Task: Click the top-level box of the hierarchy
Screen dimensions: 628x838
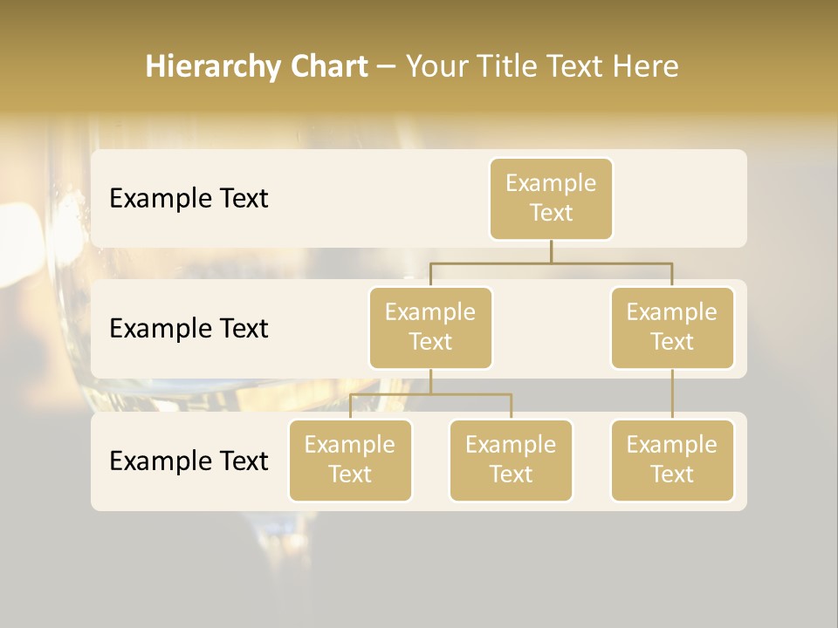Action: [x=551, y=199]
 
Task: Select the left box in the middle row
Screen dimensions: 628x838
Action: [x=430, y=328]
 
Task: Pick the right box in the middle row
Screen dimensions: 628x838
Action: [x=672, y=328]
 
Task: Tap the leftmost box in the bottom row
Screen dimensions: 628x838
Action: [x=350, y=461]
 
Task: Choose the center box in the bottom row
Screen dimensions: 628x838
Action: [x=511, y=461]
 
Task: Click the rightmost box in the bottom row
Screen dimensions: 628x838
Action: [x=672, y=461]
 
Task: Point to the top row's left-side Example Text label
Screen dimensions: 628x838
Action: [x=189, y=199]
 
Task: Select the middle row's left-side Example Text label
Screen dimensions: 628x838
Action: [x=189, y=329]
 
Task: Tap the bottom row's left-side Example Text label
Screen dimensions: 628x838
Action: [x=189, y=461]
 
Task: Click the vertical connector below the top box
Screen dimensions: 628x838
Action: [x=551, y=251]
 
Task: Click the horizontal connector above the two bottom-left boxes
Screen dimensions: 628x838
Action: [x=430, y=394]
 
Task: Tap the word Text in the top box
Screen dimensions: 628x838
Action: [x=551, y=214]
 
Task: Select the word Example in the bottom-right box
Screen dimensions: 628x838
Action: [x=672, y=445]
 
